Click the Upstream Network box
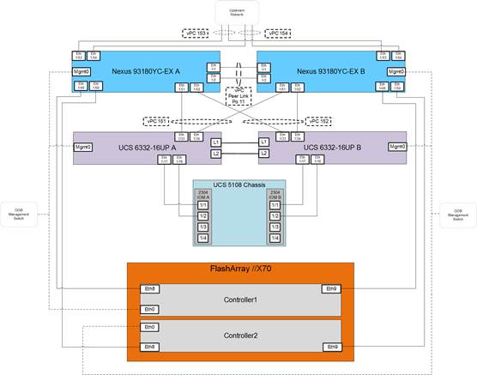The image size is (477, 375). [x=238, y=14]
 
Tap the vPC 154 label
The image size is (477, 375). [x=279, y=33]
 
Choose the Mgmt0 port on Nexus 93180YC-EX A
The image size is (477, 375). [x=82, y=71]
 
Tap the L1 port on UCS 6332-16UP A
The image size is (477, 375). [x=216, y=142]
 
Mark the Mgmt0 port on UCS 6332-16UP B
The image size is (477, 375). [x=395, y=147]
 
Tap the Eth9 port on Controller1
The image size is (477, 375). [x=330, y=289]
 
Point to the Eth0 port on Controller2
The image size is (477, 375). [x=150, y=327]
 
